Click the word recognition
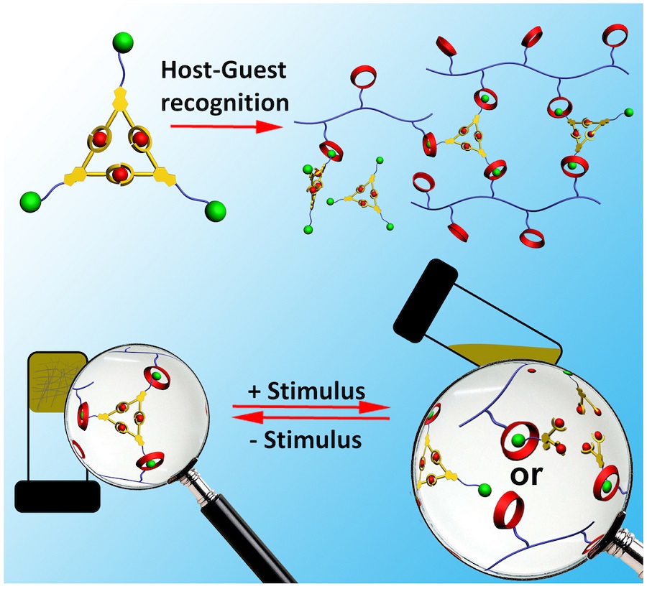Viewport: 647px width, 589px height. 225,102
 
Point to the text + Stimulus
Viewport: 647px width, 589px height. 308,392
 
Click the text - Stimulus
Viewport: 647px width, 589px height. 310,439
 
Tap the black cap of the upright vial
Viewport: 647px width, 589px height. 57,496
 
